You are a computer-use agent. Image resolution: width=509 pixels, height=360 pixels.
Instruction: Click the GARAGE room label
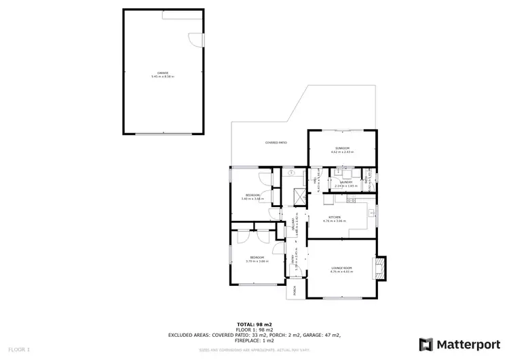pos(163,73)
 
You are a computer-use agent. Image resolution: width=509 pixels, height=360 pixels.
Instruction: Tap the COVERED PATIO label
pos(276,143)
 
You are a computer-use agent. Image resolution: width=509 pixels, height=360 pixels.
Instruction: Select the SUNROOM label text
pos(341,148)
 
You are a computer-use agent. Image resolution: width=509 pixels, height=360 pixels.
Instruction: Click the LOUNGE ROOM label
pos(341,268)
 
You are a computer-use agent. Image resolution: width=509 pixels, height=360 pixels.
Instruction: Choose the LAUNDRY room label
pos(345,181)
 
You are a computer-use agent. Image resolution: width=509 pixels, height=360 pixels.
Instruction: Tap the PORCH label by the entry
pos(295,291)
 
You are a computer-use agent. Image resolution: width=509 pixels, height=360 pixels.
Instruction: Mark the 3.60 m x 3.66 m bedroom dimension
pos(253,199)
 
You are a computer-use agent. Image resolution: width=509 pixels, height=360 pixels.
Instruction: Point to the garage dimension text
pos(163,77)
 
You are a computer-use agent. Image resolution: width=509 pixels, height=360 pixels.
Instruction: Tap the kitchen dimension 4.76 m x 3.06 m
pos(335,221)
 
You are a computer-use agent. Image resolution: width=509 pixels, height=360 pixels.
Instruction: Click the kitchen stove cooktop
pos(350,200)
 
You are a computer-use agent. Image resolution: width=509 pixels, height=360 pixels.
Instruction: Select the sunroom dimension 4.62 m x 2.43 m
pos(341,152)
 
